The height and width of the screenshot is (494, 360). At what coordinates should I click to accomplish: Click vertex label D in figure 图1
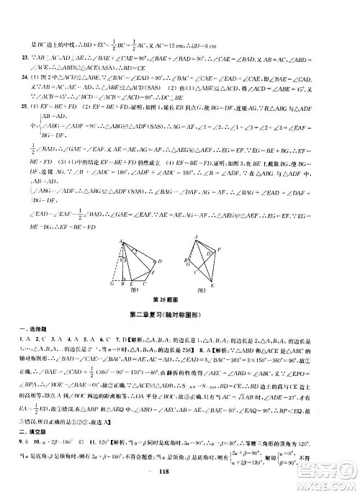click(x=159, y=260)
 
